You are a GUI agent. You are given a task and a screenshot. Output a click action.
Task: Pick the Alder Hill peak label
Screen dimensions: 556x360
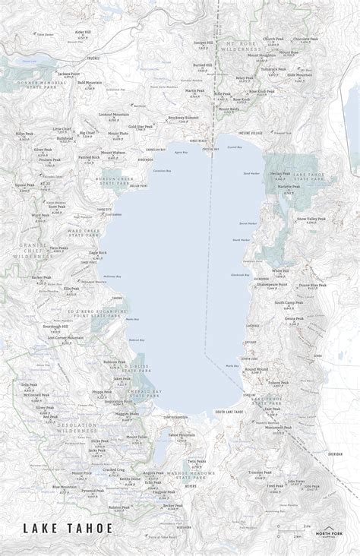(83, 33)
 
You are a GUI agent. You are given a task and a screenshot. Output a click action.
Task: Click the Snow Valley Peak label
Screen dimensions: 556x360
(313, 217)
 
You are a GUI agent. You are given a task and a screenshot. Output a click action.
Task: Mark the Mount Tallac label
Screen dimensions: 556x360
(137, 438)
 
